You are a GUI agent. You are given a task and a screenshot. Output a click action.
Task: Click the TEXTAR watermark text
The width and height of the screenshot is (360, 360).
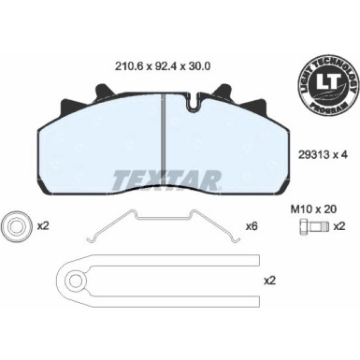click(166, 178)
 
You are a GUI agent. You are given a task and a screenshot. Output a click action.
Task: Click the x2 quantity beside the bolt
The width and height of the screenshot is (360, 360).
click(340, 227)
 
